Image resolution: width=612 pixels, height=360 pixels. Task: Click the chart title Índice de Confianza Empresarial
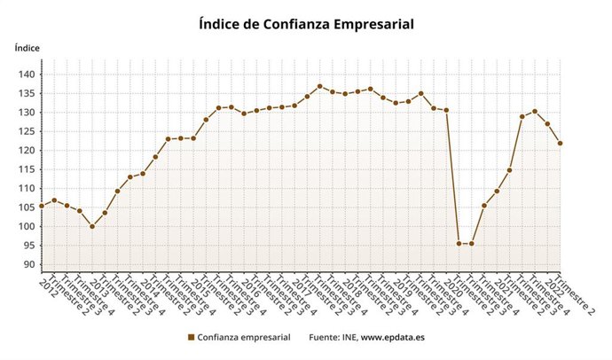(306, 24)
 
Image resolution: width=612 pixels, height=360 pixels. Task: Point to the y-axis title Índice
(27, 47)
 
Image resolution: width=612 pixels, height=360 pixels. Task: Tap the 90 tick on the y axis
(27, 265)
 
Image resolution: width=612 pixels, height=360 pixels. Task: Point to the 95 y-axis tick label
(27, 246)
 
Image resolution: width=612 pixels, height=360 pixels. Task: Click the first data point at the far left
(42, 206)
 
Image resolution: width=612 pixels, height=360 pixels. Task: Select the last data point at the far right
(561, 144)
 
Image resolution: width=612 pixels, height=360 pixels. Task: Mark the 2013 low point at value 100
(92, 226)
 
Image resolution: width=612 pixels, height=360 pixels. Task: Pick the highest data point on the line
(320, 87)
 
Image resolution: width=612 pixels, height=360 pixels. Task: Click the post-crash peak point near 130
(535, 111)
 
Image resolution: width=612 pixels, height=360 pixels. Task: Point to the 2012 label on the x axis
(47, 286)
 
